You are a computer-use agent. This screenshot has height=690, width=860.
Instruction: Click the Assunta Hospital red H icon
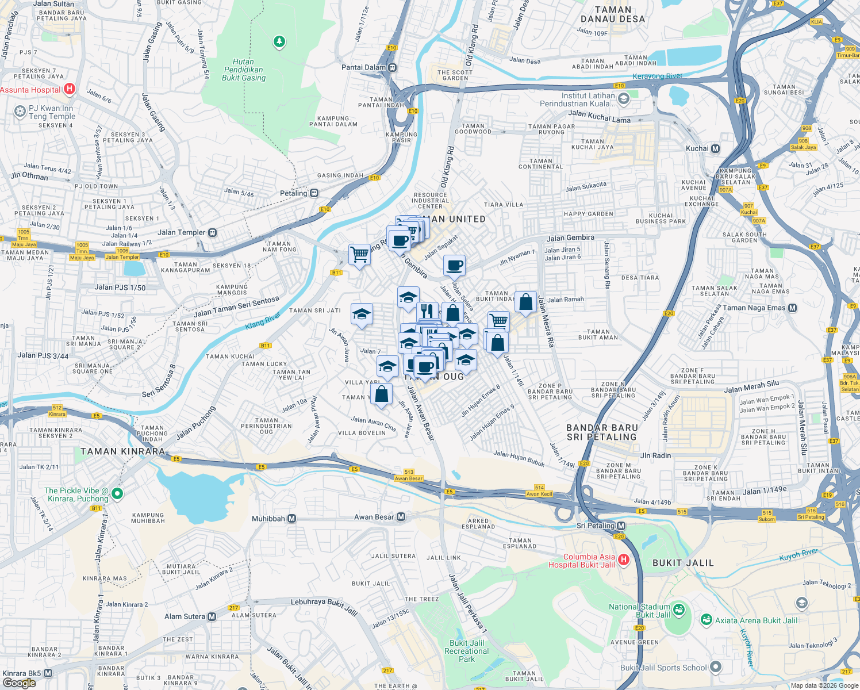coord(70,89)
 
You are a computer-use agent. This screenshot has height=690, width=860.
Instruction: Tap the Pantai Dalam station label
coord(363,67)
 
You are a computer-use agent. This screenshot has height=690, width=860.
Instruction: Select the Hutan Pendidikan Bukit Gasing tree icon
coord(279,41)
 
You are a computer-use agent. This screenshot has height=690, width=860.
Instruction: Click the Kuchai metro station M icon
coord(715,148)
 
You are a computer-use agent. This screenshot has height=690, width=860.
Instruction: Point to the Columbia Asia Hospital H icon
coord(624,559)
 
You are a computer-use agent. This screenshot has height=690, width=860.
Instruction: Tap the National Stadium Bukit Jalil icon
coord(678,609)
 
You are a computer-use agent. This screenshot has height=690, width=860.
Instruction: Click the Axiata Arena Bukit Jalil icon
coord(707,620)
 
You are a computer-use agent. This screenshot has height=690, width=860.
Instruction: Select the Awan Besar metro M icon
coord(401,517)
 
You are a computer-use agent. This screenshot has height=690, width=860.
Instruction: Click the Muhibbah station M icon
coord(292,519)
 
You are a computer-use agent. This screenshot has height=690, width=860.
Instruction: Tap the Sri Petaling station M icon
coord(621,526)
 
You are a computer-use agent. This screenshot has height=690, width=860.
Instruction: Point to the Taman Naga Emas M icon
coord(793,308)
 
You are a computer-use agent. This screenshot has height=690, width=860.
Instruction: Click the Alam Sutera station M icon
coord(212,616)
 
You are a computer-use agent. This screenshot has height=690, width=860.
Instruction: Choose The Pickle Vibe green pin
coord(117,493)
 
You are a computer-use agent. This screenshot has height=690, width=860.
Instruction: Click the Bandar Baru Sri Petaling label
coord(602,432)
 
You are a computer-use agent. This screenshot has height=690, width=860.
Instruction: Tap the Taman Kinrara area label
coord(122,451)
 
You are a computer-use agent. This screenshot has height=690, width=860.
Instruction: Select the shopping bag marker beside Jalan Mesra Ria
coord(525,302)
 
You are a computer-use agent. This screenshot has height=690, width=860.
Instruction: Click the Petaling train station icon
coord(314,193)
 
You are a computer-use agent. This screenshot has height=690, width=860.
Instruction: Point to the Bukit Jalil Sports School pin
coord(716,667)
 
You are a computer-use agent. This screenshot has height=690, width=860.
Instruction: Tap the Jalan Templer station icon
coord(213,232)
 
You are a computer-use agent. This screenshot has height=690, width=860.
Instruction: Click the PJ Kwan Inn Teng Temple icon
coord(20,111)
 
